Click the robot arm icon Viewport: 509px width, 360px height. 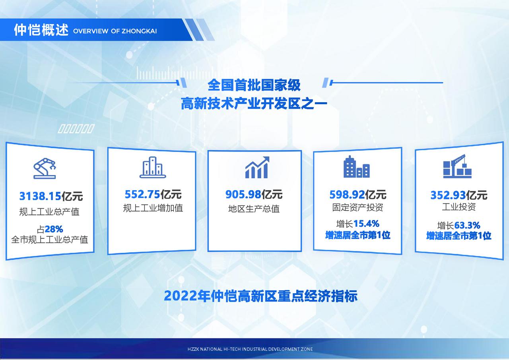[45, 168]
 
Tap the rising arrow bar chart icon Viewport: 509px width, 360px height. [257, 167]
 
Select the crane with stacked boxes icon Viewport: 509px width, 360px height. [457, 166]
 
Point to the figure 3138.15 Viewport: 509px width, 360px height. [40, 196]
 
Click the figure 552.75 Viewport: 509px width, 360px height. [142, 194]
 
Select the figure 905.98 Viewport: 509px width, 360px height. [243, 195]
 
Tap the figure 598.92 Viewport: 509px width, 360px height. [347, 195]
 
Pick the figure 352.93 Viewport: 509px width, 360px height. [448, 195]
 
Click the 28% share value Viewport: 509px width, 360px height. [54, 229]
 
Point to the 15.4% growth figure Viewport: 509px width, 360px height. [366, 224]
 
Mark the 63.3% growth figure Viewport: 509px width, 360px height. [467, 226]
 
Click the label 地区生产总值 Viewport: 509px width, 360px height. [254, 209]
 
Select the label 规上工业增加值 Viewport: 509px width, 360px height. [153, 208]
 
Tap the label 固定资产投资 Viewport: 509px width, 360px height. [357, 207]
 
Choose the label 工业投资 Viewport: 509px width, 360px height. [459, 207]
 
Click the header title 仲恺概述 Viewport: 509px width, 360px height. [41, 30]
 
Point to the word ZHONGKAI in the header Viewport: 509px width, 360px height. [139, 31]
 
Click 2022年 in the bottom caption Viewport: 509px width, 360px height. [187, 296]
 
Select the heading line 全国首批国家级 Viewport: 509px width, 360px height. [254, 85]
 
